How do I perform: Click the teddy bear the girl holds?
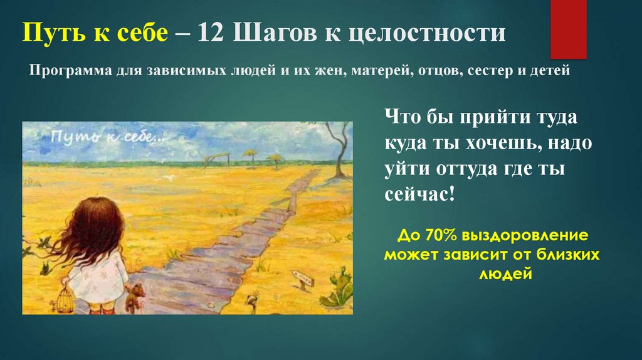(x=133, y=297)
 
